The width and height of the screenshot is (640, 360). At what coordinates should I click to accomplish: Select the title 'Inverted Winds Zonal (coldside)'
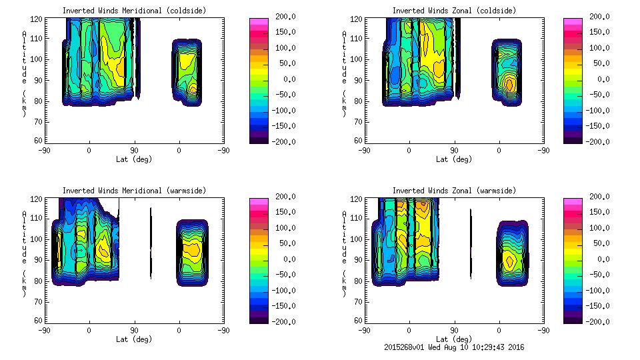click(x=453, y=11)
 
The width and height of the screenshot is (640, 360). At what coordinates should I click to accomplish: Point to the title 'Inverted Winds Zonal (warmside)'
click(x=453, y=191)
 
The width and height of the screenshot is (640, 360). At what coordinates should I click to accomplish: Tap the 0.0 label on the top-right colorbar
click(x=599, y=79)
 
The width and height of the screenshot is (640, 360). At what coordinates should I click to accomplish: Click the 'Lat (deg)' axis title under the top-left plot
click(x=134, y=159)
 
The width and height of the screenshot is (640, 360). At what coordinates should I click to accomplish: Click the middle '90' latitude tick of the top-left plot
click(x=134, y=150)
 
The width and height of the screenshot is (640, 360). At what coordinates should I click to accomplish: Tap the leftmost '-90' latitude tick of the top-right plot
click(x=363, y=150)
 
